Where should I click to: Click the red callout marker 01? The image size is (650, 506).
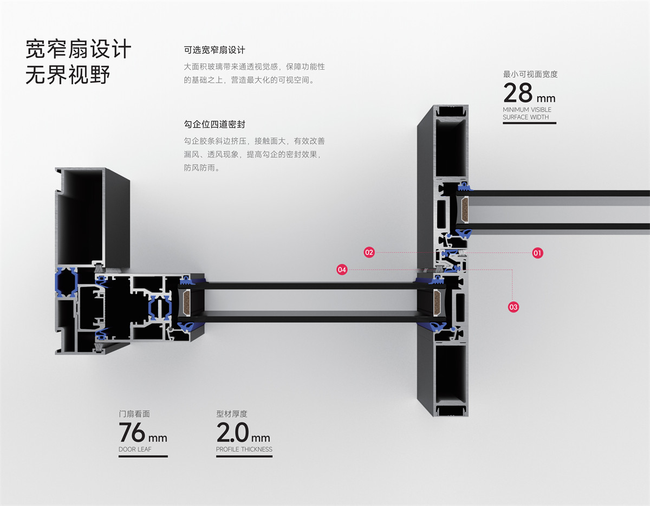(537, 252)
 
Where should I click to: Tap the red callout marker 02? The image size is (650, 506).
(369, 252)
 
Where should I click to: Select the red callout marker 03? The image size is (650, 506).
(513, 307)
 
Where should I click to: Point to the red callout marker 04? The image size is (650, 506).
(342, 269)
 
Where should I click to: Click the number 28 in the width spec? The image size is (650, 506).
(518, 93)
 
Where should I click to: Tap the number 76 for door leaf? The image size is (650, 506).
(132, 432)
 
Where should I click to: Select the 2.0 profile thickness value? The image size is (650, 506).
(232, 432)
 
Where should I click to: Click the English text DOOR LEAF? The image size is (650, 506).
(135, 450)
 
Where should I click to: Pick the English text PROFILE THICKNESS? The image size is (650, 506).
(244, 450)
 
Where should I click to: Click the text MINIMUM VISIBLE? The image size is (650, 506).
(527, 110)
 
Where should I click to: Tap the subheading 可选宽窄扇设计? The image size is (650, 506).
(214, 50)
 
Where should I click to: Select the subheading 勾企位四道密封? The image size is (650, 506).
(214, 125)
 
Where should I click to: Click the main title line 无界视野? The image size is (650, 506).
(68, 75)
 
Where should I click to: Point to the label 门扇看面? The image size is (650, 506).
(134, 414)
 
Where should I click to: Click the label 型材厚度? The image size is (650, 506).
(232, 414)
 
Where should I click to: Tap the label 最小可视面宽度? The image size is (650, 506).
(530, 74)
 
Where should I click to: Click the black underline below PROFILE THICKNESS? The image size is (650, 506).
(244, 456)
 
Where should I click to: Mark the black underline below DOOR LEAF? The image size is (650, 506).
(143, 456)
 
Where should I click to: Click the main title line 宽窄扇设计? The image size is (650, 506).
(79, 49)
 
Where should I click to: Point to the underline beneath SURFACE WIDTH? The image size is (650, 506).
(529, 123)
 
